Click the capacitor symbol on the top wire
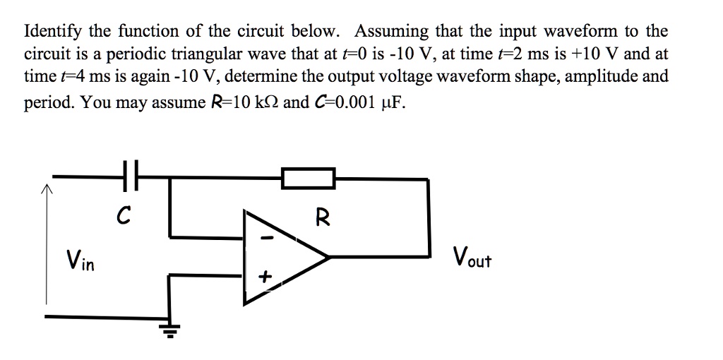131,176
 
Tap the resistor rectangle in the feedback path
309,178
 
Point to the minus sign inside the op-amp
268,239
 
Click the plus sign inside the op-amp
265,277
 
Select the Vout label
472,258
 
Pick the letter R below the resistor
322,217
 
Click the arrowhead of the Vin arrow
46,188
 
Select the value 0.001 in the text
359,101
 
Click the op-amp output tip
329,257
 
